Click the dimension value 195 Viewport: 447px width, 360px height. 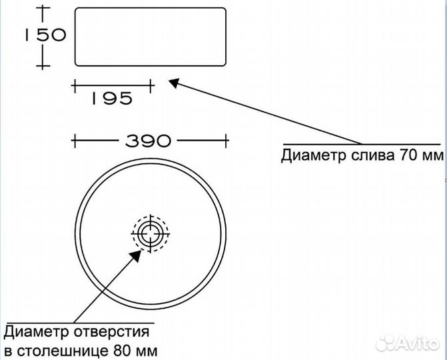coord(111,98)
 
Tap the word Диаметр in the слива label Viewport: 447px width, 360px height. coord(309,156)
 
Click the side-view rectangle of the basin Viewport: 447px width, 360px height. coord(150,37)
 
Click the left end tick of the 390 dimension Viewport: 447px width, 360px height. coord(74,141)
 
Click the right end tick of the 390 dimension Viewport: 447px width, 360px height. coord(228,141)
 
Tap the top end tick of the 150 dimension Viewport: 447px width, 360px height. coord(43,7)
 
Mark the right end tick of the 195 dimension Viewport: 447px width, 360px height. coord(153,85)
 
